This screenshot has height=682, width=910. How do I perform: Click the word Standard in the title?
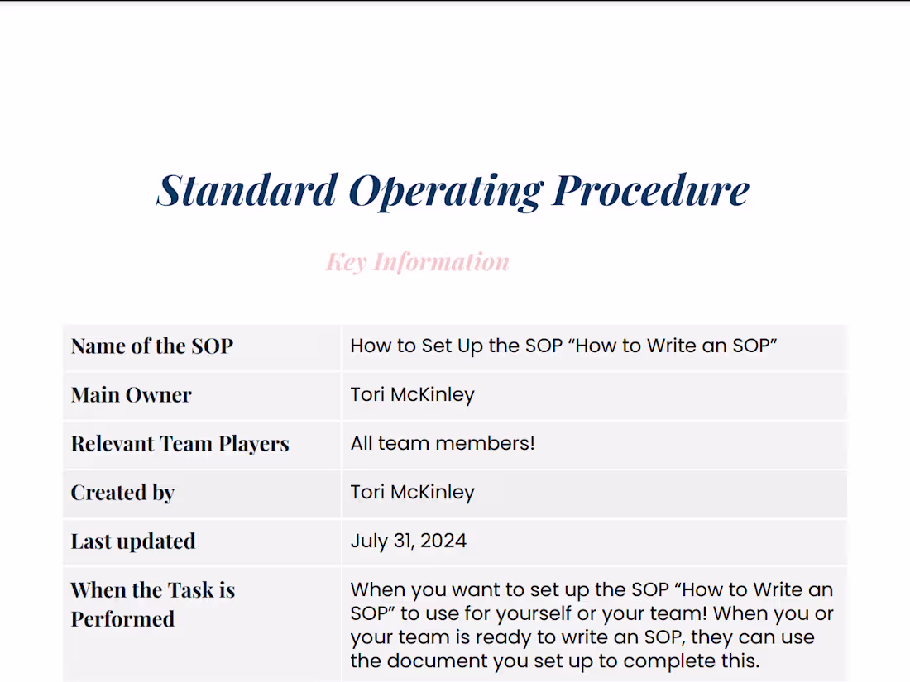pos(247,190)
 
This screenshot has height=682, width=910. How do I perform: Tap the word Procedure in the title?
pos(650,190)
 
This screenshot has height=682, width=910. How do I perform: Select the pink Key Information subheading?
pos(418,262)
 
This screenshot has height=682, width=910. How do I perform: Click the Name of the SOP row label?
pos(152,346)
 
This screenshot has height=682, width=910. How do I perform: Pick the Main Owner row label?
pos(131,394)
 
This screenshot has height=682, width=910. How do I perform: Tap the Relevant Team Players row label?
pos(180,444)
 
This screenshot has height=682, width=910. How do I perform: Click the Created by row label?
pos(122,493)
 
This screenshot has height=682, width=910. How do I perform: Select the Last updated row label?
pos(133,541)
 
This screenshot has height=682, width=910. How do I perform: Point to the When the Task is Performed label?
pos(152,604)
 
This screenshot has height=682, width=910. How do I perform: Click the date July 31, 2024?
pos(408,541)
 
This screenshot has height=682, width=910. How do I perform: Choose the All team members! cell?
pos(443,443)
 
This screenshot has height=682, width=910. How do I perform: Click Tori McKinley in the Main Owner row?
pos(412,394)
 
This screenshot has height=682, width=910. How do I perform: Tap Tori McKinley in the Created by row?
pos(412,492)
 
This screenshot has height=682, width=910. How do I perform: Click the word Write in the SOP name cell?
pos(673,346)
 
